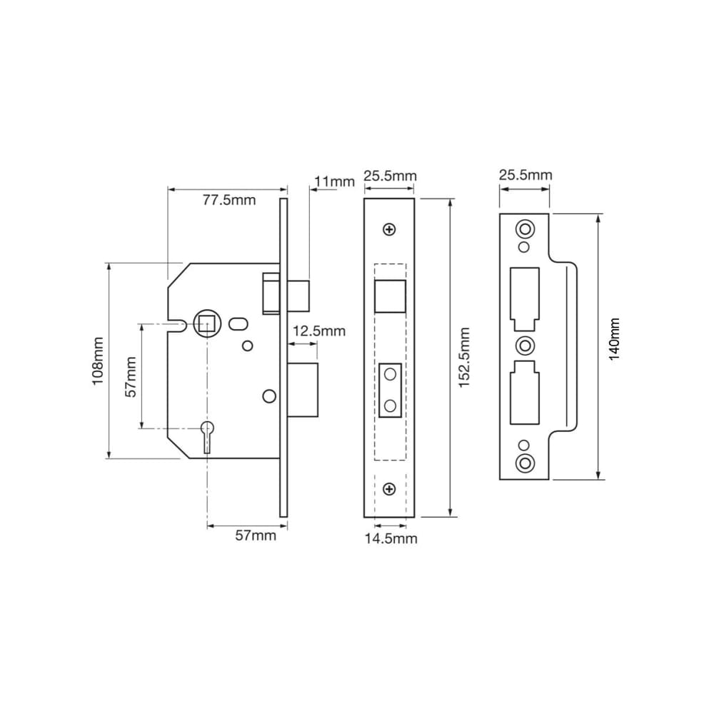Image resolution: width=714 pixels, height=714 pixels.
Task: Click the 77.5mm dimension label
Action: click(228, 200)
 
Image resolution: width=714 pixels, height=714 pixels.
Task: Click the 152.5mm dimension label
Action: click(463, 358)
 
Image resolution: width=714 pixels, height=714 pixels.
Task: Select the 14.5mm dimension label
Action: click(391, 538)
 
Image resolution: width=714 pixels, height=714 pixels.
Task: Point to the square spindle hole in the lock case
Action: click(207, 326)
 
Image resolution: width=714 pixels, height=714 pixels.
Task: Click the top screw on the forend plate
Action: click(389, 229)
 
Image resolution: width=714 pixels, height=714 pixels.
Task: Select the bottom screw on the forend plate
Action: click(389, 489)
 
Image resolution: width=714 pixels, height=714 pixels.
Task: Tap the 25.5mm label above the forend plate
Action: click(390, 176)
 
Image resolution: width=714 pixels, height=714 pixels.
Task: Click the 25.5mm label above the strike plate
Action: click(525, 175)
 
